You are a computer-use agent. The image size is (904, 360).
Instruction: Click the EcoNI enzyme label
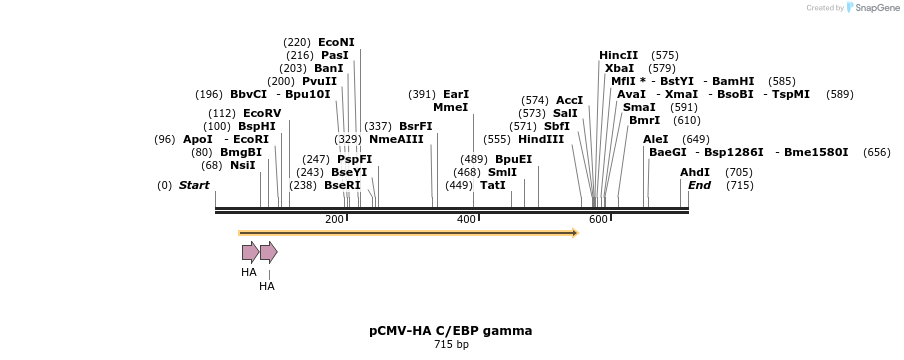tap(336, 42)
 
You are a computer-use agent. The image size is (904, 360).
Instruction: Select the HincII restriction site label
tap(618, 55)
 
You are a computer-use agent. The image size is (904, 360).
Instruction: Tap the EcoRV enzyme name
tap(262, 113)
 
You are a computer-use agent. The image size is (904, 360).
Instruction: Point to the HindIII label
tap(541, 139)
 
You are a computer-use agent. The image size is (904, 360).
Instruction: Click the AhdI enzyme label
tap(694, 172)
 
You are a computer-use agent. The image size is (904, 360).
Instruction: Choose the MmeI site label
tap(450, 107)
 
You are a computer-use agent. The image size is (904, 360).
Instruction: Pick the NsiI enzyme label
tap(243, 165)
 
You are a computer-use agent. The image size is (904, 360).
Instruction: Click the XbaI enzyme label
tap(619, 68)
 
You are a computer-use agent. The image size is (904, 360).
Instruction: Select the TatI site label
tap(492, 185)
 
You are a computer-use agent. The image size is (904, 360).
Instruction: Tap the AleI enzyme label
tap(655, 139)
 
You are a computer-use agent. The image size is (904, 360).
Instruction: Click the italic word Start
tap(194, 185)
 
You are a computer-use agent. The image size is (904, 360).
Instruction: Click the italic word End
tap(699, 185)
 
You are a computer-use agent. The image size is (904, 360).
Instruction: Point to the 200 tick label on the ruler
tap(334, 220)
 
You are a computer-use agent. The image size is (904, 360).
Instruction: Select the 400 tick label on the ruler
tap(466, 220)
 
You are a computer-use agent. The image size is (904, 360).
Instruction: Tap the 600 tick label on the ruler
tap(598, 220)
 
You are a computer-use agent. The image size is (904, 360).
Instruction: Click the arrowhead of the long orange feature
tap(574, 233)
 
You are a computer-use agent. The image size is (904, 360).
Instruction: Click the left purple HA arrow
tap(250, 252)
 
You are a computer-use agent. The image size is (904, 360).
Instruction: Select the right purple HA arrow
tap(268, 252)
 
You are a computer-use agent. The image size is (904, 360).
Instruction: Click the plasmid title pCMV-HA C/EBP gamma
tap(450, 330)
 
